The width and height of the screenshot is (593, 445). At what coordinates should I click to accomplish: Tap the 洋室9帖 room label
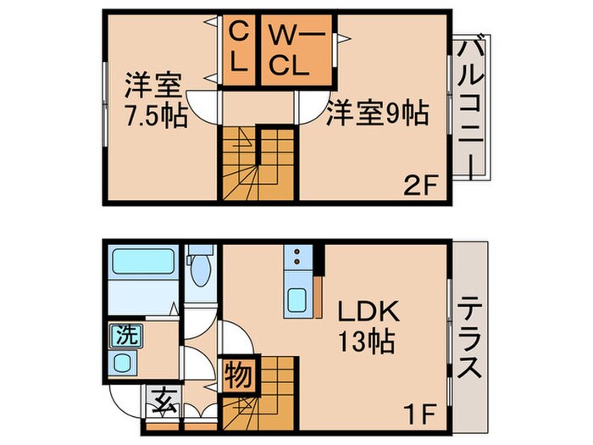(x=376, y=113)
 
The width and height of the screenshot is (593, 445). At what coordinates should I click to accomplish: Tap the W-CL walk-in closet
(x=291, y=50)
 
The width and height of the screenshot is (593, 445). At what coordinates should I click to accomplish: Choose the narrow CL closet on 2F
(x=240, y=50)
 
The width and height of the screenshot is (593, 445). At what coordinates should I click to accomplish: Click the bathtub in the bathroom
(x=143, y=262)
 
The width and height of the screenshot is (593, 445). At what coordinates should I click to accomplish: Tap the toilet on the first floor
(x=202, y=270)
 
